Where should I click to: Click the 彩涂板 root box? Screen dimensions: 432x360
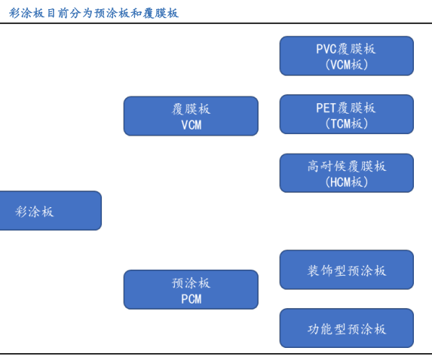[x=51, y=211]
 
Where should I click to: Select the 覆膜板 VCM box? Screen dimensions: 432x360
[x=191, y=116]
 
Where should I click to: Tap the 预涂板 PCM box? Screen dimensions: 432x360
[x=191, y=289]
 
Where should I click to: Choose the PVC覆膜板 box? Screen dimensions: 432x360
[x=347, y=56]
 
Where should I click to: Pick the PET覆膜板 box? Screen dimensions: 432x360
[x=347, y=114]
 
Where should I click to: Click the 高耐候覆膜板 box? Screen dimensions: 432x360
[x=347, y=173]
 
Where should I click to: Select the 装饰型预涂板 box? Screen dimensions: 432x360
[x=347, y=270]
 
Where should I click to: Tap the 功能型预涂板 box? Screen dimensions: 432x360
[x=347, y=328]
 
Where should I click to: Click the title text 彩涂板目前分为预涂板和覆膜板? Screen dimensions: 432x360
[x=93, y=13]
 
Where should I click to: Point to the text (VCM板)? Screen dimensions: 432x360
[x=347, y=65]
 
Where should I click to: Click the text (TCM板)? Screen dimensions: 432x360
[x=347, y=124]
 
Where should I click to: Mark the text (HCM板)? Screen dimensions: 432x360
[x=347, y=182]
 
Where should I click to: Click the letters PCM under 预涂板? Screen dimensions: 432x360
[x=191, y=299]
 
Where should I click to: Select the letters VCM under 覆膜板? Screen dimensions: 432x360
[x=191, y=125]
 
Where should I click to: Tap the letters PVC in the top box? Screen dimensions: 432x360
[x=326, y=49]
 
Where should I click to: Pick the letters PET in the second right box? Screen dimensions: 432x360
[x=326, y=108]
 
